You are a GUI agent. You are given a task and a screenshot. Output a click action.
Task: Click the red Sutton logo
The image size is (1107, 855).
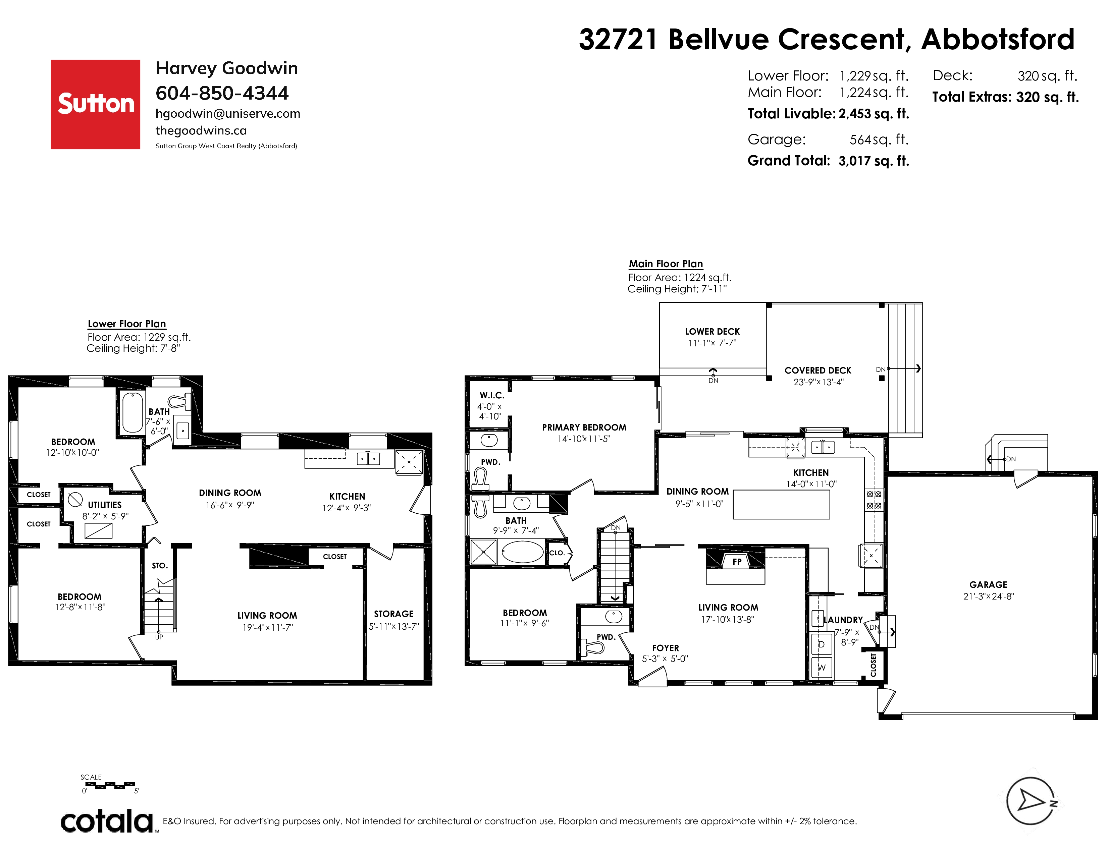tap(95, 104)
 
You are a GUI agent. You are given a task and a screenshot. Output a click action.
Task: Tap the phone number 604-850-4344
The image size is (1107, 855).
tap(222, 93)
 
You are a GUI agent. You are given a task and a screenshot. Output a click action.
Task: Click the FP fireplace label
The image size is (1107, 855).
tap(737, 562)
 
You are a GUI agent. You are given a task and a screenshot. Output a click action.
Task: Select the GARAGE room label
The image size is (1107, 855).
tap(988, 584)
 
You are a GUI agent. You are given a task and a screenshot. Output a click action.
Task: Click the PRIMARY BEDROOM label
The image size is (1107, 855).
tap(584, 427)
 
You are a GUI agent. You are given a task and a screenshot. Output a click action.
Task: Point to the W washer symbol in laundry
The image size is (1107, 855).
tap(822, 668)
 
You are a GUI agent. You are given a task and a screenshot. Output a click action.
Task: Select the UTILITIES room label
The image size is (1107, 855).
tap(105, 505)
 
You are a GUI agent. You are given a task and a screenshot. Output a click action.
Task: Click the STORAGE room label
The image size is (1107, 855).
tap(394, 614)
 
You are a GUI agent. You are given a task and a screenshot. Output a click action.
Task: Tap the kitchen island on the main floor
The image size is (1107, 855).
tap(781, 505)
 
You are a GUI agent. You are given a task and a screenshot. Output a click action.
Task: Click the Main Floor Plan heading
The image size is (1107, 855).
tap(666, 264)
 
